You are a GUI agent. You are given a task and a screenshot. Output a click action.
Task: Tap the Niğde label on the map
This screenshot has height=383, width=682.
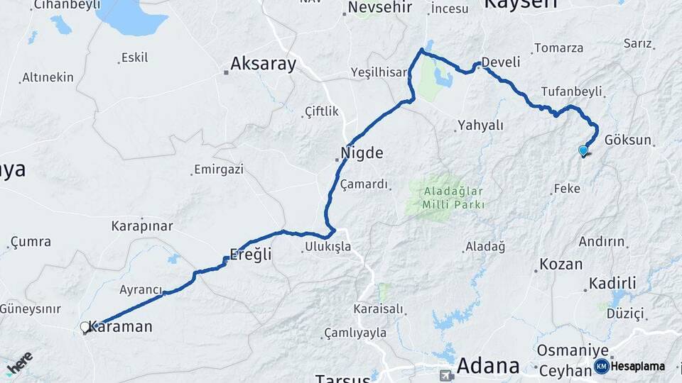[x=362, y=152]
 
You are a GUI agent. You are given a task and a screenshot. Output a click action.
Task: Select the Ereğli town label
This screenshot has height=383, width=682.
[x=251, y=254]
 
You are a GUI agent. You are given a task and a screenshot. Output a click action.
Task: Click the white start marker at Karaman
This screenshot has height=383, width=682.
[x=85, y=327]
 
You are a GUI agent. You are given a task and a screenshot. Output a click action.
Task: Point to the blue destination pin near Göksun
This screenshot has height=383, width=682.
[x=583, y=150]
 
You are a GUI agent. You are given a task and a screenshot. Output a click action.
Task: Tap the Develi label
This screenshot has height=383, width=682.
[x=501, y=62]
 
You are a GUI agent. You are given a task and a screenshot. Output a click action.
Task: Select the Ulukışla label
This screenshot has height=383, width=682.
[x=328, y=247]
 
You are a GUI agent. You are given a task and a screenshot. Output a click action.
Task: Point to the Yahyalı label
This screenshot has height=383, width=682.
[x=480, y=126]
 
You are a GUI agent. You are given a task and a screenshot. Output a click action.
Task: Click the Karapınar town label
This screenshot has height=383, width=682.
[x=142, y=226]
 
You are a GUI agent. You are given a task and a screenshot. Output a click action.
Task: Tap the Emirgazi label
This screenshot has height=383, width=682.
[x=218, y=170]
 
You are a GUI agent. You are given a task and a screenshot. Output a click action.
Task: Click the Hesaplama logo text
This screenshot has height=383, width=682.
[x=638, y=367]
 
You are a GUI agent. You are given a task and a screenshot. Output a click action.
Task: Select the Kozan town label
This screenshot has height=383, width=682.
[x=561, y=265]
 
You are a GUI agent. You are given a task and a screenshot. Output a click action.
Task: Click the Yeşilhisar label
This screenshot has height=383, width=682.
[x=379, y=72]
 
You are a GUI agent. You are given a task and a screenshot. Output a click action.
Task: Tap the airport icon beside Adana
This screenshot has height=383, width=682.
[x=446, y=375]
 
